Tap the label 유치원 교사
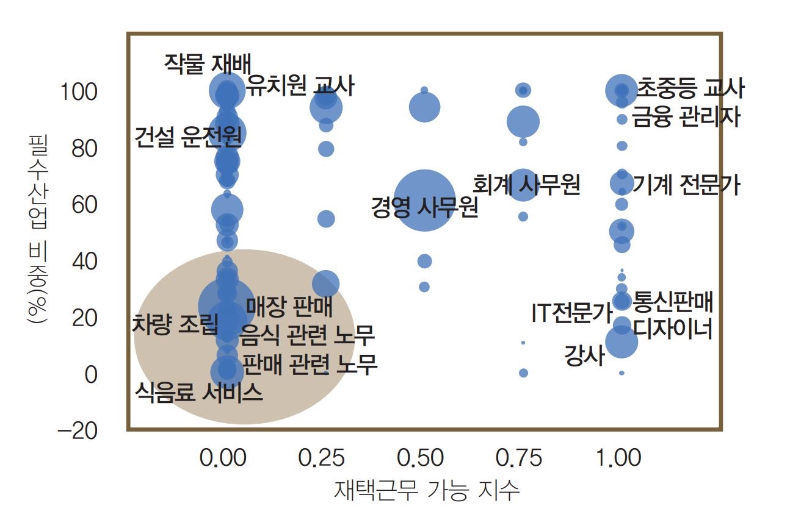[x=300, y=87]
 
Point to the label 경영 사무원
[x=425, y=207]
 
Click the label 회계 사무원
[x=526, y=184]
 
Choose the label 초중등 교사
[x=690, y=89]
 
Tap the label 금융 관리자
[x=685, y=116]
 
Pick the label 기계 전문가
[x=686, y=184]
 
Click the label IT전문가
[x=571, y=313]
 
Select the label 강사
[x=584, y=355]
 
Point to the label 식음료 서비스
[x=199, y=392]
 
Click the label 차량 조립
[x=175, y=323]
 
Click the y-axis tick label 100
[x=78, y=93]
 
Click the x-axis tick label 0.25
[x=323, y=458]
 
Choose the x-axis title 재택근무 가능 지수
[x=427, y=490]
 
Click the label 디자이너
[x=673, y=329]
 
